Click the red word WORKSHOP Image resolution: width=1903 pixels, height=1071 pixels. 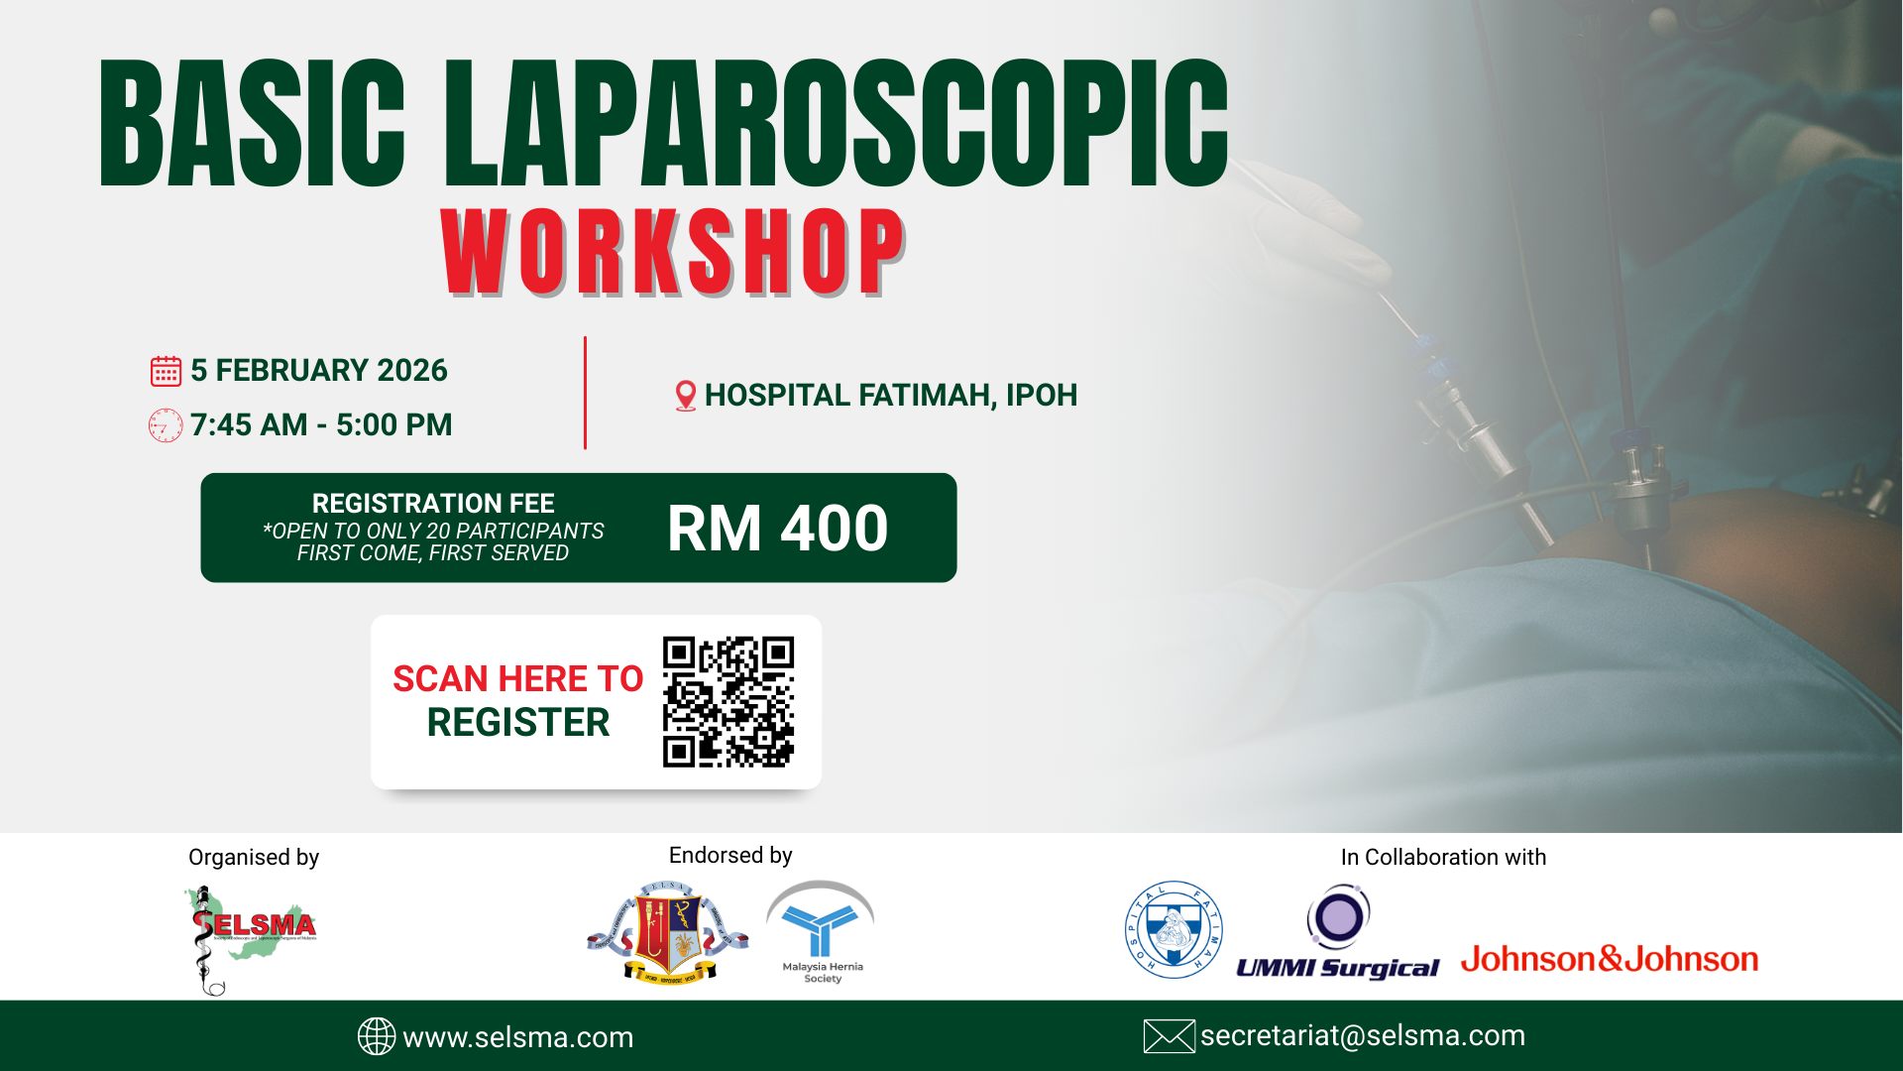[x=673, y=252]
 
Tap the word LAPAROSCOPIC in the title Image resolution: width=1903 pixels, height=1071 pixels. [x=836, y=123]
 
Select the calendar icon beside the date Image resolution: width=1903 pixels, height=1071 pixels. [x=166, y=371]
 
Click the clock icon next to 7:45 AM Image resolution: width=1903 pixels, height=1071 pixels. [x=166, y=425]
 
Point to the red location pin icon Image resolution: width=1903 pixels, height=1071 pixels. [x=685, y=396]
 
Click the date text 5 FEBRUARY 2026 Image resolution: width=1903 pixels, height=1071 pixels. [x=318, y=371]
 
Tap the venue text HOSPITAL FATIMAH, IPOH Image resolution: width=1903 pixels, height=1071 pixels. [x=890, y=396]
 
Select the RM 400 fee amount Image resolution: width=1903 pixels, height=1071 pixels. [x=777, y=528]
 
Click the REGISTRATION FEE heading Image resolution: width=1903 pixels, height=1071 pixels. [x=433, y=504]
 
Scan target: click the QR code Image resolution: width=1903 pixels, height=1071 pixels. [x=728, y=701]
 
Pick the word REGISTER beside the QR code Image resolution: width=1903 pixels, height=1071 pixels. [x=517, y=723]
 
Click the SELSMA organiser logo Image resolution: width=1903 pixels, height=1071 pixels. [x=250, y=937]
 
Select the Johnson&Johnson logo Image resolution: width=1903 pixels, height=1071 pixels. [x=1610, y=959]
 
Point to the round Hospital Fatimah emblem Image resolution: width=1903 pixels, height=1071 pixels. [x=1174, y=930]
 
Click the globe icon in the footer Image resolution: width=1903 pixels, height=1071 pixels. [x=377, y=1036]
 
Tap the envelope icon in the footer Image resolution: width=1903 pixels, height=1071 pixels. [x=1169, y=1036]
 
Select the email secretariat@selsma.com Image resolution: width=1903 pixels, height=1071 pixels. [x=1363, y=1036]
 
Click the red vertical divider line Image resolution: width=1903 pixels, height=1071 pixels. [x=585, y=393]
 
